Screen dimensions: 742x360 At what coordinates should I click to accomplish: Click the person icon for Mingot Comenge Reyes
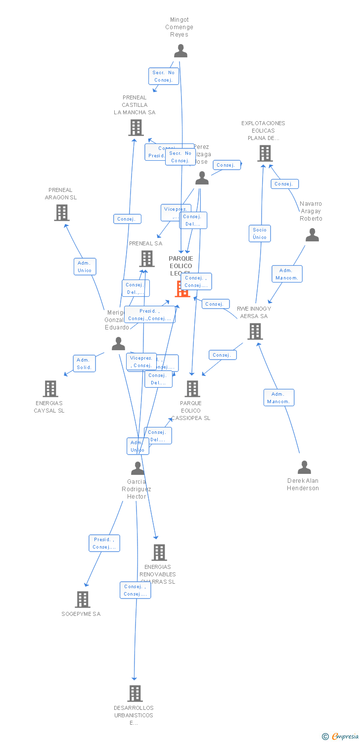(180, 51)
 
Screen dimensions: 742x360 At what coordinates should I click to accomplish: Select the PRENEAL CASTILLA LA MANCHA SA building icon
(136, 128)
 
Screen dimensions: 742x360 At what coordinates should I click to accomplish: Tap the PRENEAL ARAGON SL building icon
(61, 213)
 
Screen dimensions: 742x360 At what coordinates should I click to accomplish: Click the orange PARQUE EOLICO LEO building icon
(182, 289)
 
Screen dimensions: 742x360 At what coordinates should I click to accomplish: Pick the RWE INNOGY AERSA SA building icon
(255, 331)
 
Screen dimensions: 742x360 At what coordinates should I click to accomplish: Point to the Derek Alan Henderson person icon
(304, 467)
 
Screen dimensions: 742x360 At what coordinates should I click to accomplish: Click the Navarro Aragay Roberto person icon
(312, 235)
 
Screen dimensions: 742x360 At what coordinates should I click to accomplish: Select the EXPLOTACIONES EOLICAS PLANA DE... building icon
(265, 153)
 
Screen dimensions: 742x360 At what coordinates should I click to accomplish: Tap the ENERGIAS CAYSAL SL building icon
(50, 389)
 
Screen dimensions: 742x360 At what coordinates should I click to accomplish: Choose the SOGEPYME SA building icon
(83, 600)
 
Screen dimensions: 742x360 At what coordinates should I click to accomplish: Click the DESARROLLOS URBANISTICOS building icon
(135, 694)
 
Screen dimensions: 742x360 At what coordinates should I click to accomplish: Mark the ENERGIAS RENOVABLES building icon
(159, 553)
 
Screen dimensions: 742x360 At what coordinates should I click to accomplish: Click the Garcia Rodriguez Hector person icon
(137, 468)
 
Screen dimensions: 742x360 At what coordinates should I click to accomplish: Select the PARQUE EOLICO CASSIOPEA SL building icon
(192, 389)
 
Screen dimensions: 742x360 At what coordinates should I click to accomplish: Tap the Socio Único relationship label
(260, 233)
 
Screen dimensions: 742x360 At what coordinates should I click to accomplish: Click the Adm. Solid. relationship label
(85, 364)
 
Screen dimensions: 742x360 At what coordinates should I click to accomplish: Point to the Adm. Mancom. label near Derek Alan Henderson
(278, 398)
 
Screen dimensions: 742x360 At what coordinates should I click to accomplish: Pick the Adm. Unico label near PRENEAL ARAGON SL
(85, 267)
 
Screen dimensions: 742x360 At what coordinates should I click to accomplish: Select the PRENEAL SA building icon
(146, 259)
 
